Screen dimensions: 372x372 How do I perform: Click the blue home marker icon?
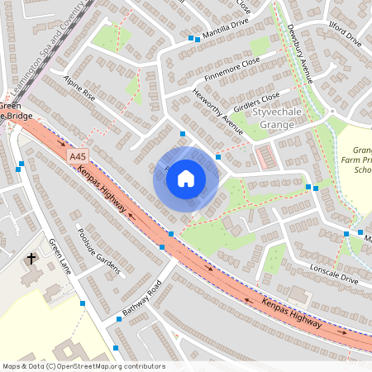(186, 178)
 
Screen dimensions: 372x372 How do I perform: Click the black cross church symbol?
(32, 259)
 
